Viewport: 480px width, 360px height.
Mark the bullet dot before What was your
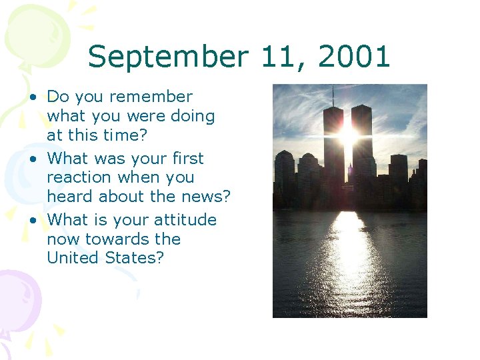(x=32, y=159)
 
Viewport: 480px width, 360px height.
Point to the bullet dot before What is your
(x=32, y=221)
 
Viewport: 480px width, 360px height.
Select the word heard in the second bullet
(x=70, y=196)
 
